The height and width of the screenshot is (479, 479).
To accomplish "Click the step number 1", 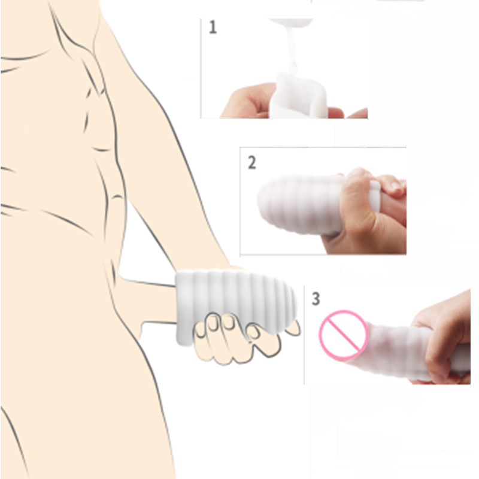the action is [x=213, y=27].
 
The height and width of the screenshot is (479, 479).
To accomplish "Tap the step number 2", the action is [x=251, y=162].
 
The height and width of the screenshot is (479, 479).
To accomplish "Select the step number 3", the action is [x=316, y=298].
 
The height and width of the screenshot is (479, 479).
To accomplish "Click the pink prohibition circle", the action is [x=343, y=334].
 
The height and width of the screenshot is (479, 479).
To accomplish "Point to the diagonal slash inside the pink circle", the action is [x=343, y=334].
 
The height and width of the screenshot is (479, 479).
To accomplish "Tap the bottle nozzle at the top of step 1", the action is [x=291, y=22].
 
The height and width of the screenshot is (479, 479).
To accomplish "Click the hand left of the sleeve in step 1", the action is [x=248, y=101].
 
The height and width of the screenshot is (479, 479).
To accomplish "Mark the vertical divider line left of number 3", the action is [x=304, y=335].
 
